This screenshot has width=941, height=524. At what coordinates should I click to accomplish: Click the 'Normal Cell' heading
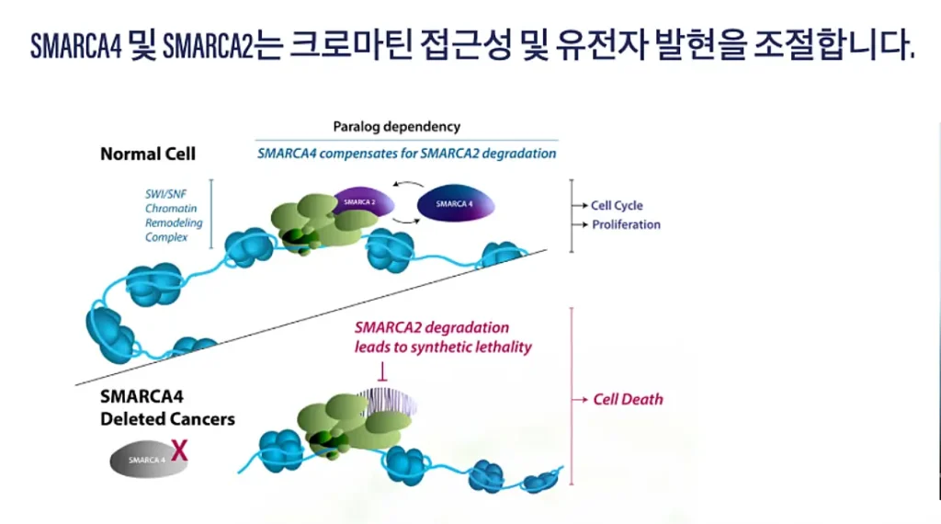147,154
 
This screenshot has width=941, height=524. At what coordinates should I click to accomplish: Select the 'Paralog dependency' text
396,126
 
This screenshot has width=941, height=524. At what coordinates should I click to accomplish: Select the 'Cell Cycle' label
616,205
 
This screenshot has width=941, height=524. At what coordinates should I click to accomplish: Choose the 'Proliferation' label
626,224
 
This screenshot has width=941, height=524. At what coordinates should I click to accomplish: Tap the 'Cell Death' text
628,399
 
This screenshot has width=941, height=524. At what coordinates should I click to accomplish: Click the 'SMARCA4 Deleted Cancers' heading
166,409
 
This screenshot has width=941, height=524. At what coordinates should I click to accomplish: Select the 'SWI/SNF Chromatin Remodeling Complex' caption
173,215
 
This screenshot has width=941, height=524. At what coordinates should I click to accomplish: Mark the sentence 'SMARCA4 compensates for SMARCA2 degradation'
406,153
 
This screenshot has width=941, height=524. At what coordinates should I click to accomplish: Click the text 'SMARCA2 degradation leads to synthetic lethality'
443,337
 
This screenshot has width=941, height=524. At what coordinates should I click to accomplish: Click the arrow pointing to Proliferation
580,224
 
